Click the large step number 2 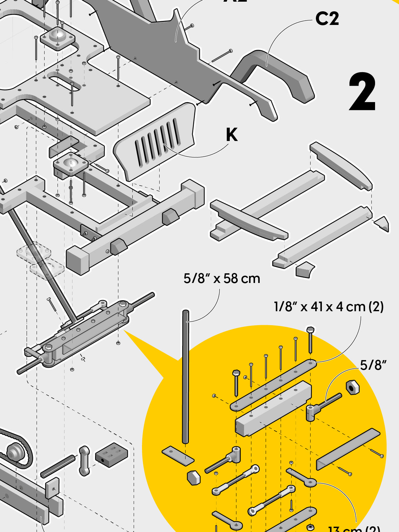[362, 92]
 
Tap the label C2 [327, 19]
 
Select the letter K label [232, 135]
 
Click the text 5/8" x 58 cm [222, 279]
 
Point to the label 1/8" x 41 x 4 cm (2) [329, 307]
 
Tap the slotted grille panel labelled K [156, 143]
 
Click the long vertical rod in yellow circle [186, 376]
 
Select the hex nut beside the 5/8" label [352, 387]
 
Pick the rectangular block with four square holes [111, 454]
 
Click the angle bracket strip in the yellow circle [347, 449]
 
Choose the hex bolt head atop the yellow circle [310, 330]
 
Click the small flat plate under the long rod [178, 456]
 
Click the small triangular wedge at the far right [382, 223]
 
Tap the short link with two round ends [84, 461]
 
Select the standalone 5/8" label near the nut [373, 365]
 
